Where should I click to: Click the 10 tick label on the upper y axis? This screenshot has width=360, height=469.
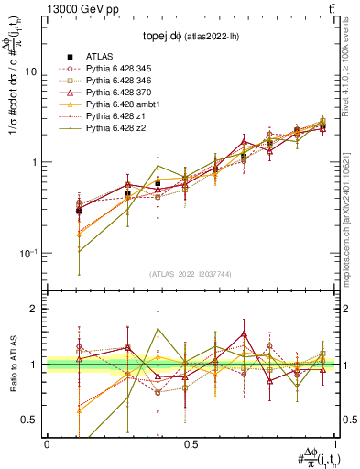[x=31, y=71]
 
